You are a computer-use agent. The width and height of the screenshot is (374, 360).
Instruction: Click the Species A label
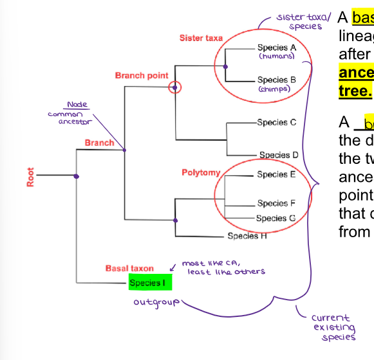(277, 48)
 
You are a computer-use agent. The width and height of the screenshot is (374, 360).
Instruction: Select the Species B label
(277, 80)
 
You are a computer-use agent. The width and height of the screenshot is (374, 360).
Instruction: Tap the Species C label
(277, 122)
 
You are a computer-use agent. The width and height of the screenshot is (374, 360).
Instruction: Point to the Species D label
(279, 155)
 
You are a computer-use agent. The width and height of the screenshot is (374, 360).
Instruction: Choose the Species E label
(277, 174)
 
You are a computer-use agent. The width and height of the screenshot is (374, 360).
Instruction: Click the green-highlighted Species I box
(146, 283)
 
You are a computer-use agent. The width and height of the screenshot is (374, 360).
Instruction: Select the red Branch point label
(142, 76)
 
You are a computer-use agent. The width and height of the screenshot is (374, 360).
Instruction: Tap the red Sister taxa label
(201, 39)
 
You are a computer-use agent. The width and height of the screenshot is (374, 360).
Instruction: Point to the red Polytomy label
(201, 173)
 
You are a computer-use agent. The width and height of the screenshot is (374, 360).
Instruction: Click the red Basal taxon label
(129, 268)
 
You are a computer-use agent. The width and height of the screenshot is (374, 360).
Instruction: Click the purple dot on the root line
(76, 176)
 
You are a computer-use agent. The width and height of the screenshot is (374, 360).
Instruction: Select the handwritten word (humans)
(276, 57)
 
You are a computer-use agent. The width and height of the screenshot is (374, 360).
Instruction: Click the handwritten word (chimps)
(276, 89)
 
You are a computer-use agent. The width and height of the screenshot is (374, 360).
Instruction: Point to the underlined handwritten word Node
(77, 105)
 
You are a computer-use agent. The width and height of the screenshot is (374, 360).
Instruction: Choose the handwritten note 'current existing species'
(333, 327)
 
